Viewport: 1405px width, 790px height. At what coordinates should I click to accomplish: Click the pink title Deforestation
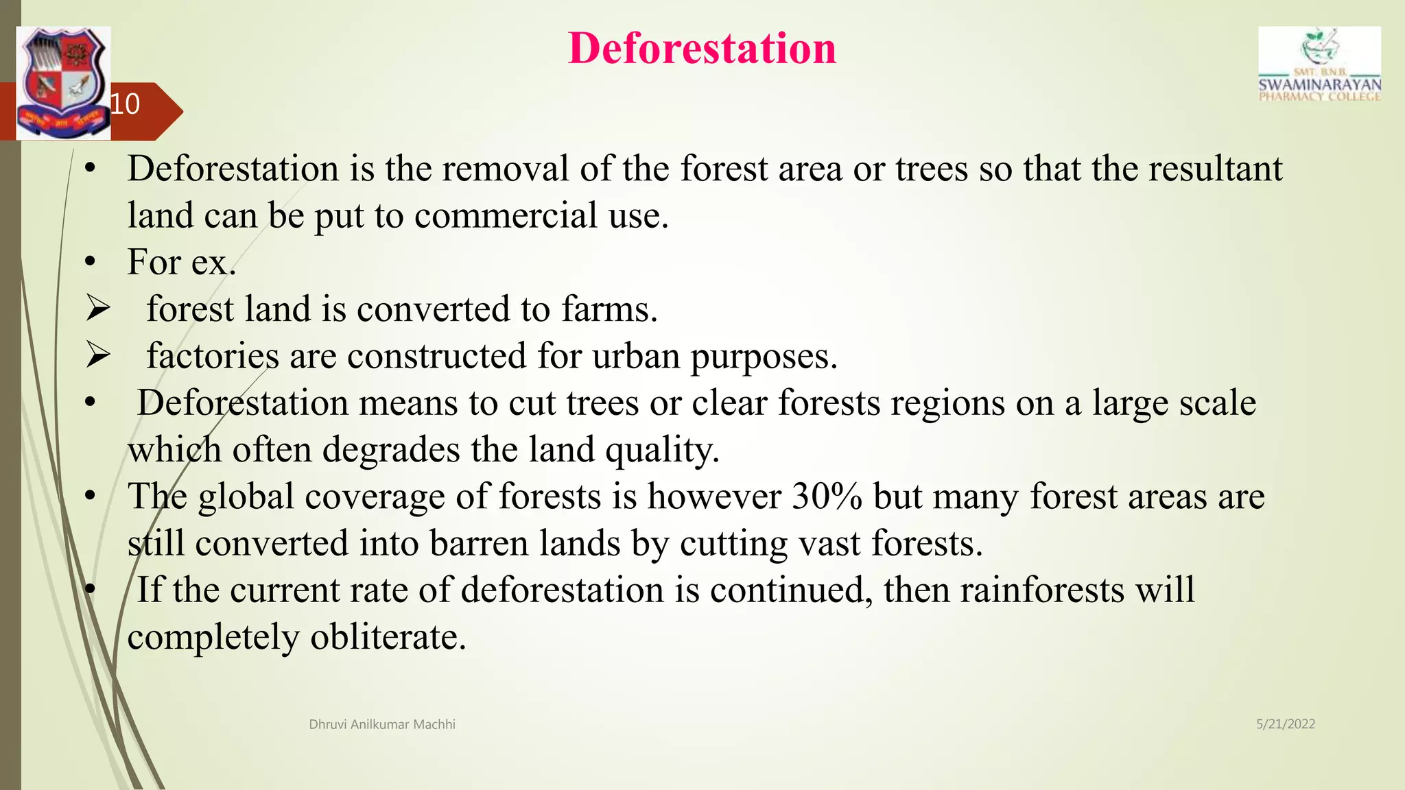(702, 49)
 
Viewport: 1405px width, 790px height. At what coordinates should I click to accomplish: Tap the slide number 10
(125, 104)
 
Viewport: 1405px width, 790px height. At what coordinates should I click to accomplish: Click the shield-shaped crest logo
(63, 83)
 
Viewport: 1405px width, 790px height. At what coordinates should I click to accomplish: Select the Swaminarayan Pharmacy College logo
(1319, 65)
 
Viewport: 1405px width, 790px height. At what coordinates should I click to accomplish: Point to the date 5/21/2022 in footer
(1286, 724)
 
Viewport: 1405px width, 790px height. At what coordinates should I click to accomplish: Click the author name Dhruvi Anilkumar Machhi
(382, 725)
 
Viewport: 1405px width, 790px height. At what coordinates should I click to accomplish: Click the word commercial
(506, 216)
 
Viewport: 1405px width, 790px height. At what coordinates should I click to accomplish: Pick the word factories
(212, 357)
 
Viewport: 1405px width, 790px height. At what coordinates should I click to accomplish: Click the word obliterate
(388, 637)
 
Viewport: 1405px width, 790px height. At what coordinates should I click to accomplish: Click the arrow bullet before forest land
(98, 309)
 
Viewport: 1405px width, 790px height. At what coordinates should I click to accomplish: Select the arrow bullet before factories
(98, 356)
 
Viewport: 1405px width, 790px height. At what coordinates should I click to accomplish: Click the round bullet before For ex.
(90, 263)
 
